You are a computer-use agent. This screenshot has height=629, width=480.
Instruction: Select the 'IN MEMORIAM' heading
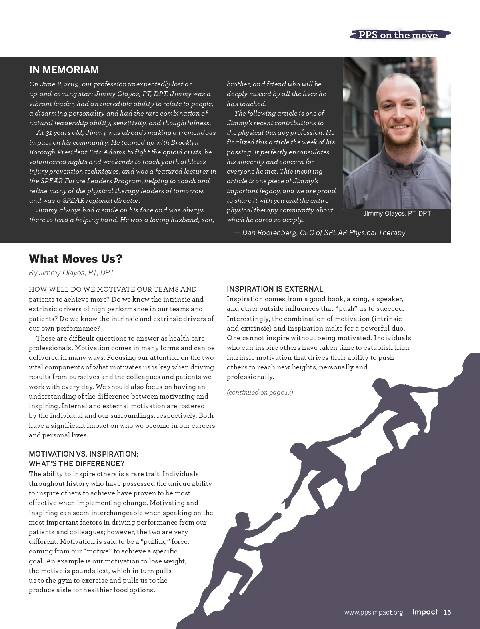click(64, 70)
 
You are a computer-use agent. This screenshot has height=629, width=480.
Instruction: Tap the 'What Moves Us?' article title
click(76, 259)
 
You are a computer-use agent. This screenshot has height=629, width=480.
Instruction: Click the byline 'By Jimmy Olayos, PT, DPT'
click(72, 273)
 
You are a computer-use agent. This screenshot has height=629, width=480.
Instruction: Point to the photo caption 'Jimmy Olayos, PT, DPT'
click(397, 214)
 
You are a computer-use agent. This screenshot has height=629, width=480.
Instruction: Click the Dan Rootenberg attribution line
click(320, 233)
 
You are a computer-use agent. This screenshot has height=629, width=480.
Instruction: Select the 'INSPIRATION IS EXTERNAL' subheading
click(275, 289)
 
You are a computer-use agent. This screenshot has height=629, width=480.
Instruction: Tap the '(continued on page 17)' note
click(260, 392)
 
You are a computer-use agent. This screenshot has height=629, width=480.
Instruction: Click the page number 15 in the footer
click(447, 612)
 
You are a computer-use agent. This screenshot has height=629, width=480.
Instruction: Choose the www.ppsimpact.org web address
click(374, 613)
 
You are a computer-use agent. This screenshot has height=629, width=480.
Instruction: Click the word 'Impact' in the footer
click(425, 612)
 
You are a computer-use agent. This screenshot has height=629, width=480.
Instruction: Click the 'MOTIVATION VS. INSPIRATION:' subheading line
click(84, 454)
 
